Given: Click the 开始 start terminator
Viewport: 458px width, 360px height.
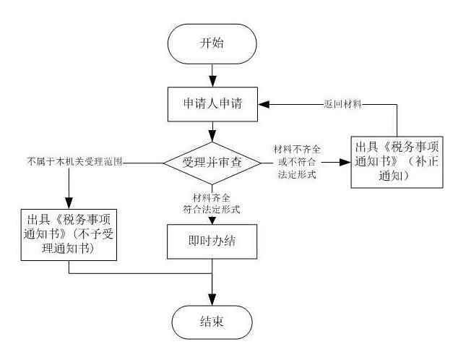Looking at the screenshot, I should click(212, 43).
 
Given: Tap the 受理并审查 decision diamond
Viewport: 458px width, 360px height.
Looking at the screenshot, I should click(212, 161).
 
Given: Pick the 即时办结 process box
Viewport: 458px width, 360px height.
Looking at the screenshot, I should click(212, 241).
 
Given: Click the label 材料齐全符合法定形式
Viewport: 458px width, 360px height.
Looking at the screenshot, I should click(212, 202).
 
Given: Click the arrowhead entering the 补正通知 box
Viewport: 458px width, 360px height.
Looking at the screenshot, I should click(347, 161).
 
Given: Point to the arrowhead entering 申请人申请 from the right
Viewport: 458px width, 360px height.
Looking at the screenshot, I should click(264, 104).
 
